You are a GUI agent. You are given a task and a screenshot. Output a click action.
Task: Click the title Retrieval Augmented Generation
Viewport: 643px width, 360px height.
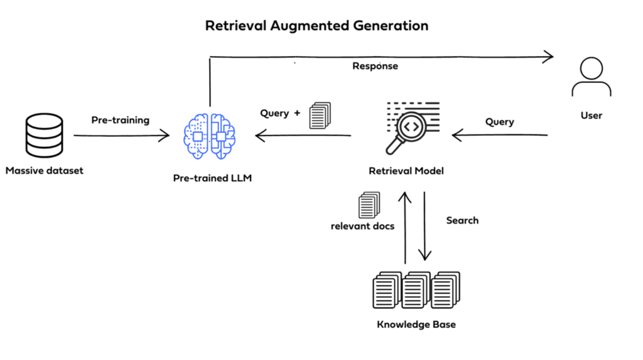[x=317, y=26]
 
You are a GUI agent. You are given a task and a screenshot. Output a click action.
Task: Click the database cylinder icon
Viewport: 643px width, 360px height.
[x=44, y=134]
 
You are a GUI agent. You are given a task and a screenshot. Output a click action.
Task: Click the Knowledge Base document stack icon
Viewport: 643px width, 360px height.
[x=416, y=290]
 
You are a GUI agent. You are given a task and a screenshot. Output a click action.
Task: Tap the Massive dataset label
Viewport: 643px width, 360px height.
[x=45, y=170]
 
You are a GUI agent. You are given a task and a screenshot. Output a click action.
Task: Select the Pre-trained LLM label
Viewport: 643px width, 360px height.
[x=212, y=178]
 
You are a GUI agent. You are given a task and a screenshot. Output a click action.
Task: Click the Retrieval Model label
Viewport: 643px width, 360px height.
[x=406, y=171]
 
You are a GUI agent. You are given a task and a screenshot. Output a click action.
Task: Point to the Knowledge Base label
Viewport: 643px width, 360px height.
[x=416, y=325]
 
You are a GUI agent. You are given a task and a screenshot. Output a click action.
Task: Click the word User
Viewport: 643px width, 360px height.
[x=591, y=115]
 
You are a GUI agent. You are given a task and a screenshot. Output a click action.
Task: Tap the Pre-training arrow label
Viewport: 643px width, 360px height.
[x=121, y=119]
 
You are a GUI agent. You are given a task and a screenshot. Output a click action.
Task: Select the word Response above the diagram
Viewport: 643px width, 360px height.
[x=375, y=66]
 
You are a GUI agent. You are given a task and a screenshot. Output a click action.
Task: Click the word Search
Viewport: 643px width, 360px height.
[x=462, y=221]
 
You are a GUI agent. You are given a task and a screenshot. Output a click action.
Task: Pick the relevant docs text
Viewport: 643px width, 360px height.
[x=362, y=226]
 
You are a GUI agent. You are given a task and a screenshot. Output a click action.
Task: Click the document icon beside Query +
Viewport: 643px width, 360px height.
[x=319, y=116]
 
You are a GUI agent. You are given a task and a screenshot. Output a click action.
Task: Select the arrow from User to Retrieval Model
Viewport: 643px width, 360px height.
[x=500, y=134]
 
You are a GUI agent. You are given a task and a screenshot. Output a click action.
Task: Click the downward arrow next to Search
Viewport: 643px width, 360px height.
[x=425, y=226]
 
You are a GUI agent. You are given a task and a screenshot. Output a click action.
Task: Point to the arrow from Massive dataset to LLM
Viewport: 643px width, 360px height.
[x=121, y=135]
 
